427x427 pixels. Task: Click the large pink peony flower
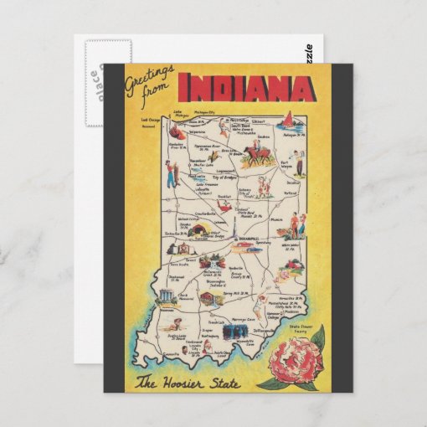286,355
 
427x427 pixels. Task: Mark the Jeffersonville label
261,330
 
